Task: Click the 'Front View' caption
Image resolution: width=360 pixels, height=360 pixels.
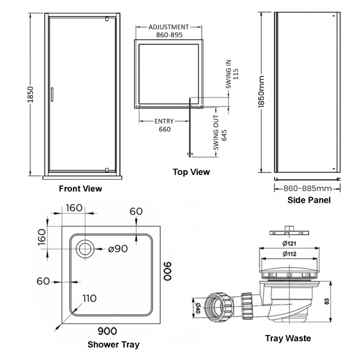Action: pos(80,188)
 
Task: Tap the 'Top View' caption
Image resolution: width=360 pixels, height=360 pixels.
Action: pos(191,172)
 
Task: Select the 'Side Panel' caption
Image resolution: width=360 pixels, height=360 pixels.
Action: pos(308,200)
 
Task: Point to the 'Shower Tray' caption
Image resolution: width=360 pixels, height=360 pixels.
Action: pos(113,344)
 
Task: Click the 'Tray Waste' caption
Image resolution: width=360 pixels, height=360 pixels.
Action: pos(287,338)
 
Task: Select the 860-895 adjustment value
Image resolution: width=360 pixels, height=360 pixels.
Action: pos(169,34)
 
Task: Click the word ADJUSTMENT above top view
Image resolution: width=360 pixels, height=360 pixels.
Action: pos(169,26)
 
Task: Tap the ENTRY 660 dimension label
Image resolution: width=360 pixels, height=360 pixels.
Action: pos(164,125)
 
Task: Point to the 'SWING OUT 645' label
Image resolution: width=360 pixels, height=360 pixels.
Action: pos(220,127)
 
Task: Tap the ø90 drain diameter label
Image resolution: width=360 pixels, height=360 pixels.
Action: pos(118,249)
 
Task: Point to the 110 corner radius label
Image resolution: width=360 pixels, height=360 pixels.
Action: pos(89,299)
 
